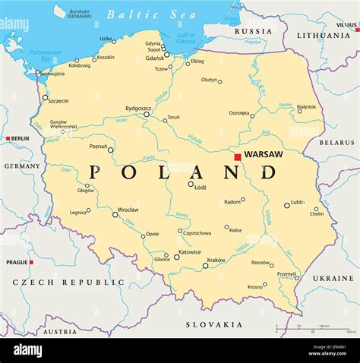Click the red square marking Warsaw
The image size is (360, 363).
click(238, 156)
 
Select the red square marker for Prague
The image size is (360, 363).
click(31, 262)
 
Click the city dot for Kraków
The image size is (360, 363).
click(205, 266)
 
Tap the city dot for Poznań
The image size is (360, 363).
click(110, 150)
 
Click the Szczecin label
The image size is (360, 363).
click(58, 101)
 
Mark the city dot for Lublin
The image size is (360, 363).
click(287, 204)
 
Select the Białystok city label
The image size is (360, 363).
click(307, 107)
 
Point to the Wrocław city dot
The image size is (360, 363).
click(115, 215)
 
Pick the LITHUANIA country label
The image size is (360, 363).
click(324, 36)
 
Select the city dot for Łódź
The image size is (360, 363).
click(191, 183)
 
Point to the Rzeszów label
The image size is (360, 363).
click(261, 262)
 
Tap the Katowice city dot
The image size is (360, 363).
click(177, 257)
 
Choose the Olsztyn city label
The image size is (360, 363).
click(210, 79)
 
